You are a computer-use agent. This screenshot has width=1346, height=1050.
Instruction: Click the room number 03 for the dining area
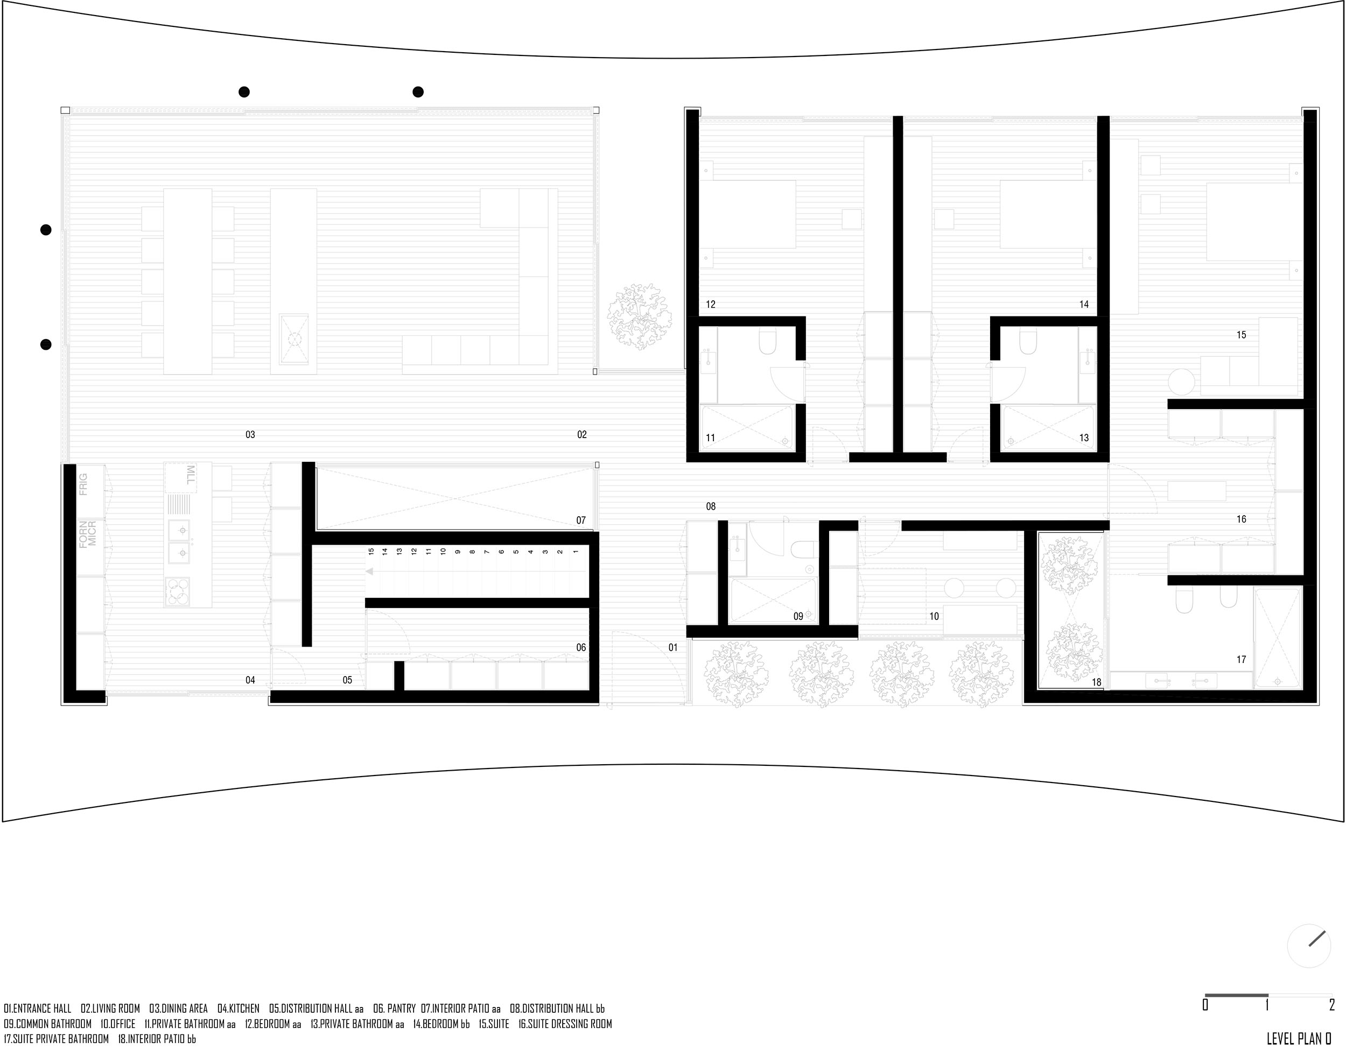[x=250, y=435]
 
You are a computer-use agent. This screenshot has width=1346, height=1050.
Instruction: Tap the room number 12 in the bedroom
[x=711, y=305]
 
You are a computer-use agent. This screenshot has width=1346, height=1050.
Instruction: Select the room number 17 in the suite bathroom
[x=1241, y=660]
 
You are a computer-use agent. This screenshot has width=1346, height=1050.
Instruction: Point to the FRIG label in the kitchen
[x=83, y=484]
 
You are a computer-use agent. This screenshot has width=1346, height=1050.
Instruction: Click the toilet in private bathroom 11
[x=768, y=341]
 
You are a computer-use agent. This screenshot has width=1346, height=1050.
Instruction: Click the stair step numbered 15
[x=371, y=552]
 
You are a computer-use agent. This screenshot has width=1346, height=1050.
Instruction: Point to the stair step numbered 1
[x=575, y=552]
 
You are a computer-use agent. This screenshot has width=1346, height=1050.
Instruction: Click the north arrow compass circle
[x=1308, y=946]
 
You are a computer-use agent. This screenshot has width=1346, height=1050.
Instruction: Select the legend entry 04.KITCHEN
[x=239, y=1009]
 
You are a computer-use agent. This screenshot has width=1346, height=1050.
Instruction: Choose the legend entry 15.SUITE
[x=494, y=1024]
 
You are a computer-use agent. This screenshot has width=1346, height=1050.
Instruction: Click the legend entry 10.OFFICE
[x=118, y=1024]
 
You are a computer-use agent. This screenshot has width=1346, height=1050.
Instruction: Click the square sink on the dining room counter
[x=295, y=339]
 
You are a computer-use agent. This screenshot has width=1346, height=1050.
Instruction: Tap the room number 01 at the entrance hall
[x=673, y=647]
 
